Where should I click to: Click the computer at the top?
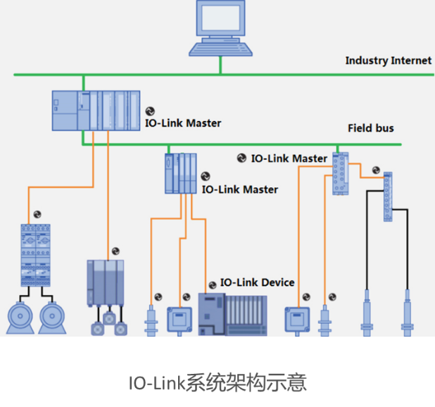(x=221, y=28)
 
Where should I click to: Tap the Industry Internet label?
(x=388, y=61)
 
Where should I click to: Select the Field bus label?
(x=370, y=128)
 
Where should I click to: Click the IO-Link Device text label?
(x=257, y=282)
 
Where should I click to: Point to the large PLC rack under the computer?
(x=98, y=111)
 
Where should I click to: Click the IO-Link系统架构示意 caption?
(x=217, y=383)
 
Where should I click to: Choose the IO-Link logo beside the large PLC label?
(x=149, y=111)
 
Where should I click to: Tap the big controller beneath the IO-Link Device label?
(x=232, y=314)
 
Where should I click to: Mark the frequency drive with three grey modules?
(x=106, y=282)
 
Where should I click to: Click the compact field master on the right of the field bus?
(x=341, y=173)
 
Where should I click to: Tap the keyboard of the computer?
(x=221, y=49)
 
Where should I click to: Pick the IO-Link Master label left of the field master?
(x=289, y=158)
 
